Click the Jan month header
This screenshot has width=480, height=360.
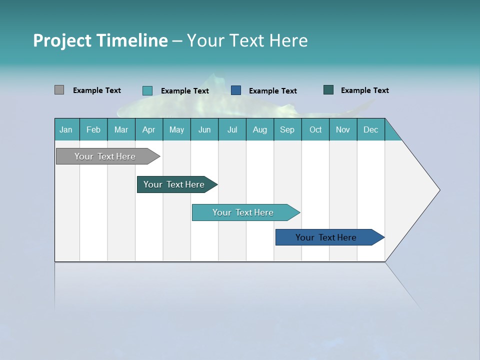click(66, 129)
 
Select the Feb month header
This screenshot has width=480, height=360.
click(93, 129)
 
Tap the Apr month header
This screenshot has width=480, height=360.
click(148, 129)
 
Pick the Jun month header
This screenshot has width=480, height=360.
click(204, 129)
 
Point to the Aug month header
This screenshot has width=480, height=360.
click(259, 129)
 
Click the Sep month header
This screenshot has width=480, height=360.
click(287, 129)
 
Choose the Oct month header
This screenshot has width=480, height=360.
click(315, 129)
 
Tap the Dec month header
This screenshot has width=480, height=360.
click(370, 129)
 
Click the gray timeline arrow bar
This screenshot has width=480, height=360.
click(105, 156)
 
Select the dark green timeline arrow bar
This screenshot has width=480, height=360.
click(174, 184)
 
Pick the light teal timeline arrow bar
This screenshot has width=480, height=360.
click(243, 212)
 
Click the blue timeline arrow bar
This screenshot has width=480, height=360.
click(326, 237)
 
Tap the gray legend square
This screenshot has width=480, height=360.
click(59, 90)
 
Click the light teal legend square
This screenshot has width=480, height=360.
click(147, 90)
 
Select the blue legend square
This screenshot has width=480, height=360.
click(236, 90)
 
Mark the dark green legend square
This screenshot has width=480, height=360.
click(328, 90)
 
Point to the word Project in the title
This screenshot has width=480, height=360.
click(61, 40)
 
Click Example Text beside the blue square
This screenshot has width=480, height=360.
click(272, 90)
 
